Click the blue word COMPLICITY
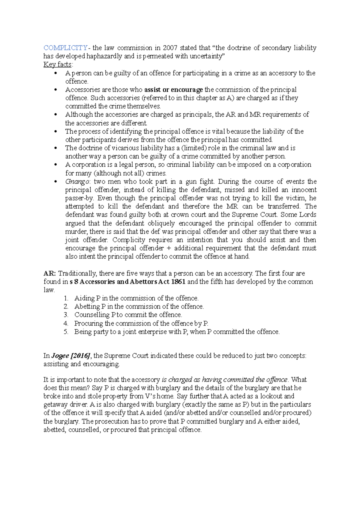[x=65, y=48]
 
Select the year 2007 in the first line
[x=170, y=48]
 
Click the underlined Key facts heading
[x=57, y=64]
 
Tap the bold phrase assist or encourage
[x=173, y=90]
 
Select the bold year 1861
[x=178, y=282]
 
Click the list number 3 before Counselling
[x=66, y=315]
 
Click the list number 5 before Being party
[x=66, y=332]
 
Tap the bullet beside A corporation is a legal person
[x=55, y=165]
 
